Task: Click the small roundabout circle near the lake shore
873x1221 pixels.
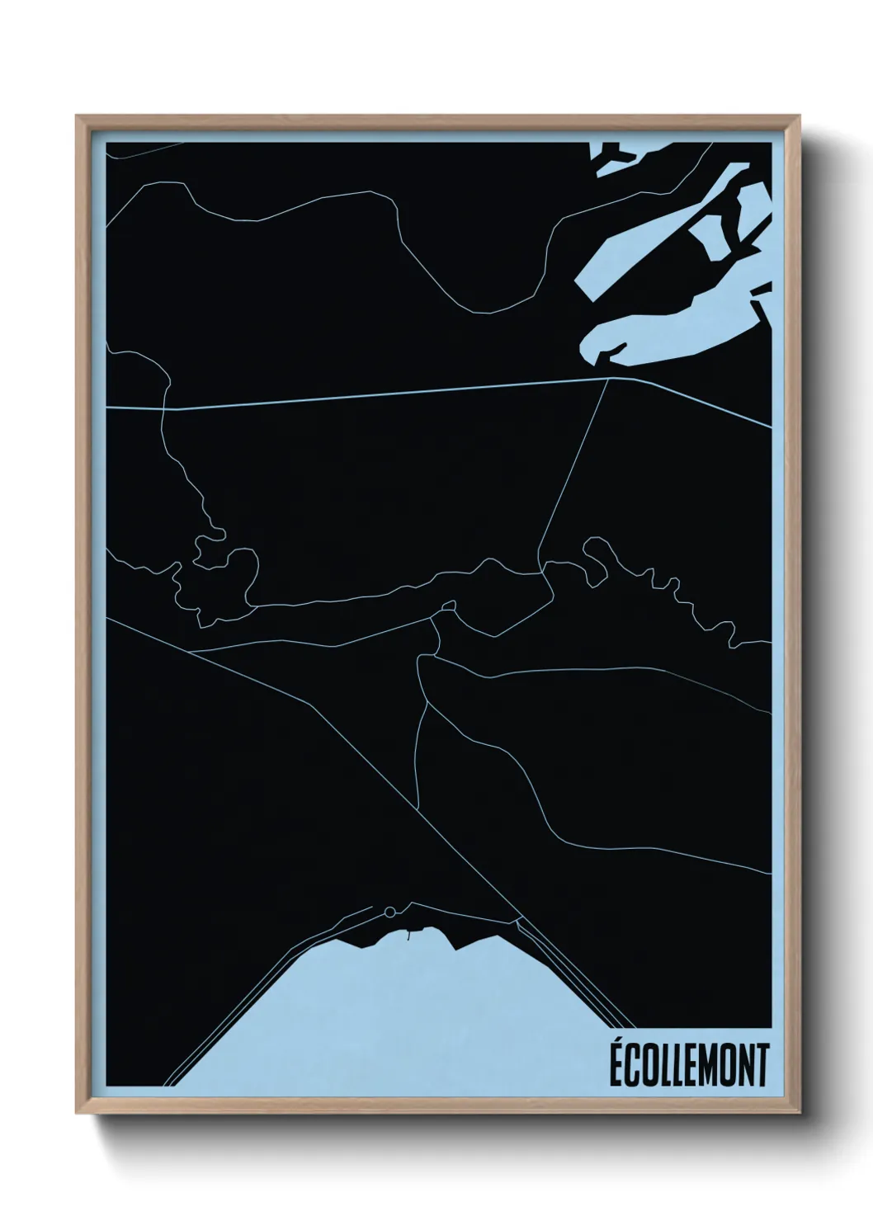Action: tap(389, 912)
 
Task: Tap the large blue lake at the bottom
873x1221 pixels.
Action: tap(396, 1015)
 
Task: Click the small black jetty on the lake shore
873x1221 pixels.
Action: tap(407, 935)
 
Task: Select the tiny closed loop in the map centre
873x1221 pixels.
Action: tap(449, 606)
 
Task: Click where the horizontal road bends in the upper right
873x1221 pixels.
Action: tap(611, 379)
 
